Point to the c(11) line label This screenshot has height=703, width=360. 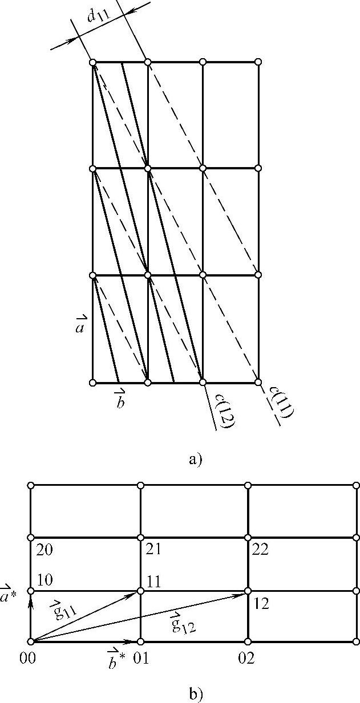[280, 405]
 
